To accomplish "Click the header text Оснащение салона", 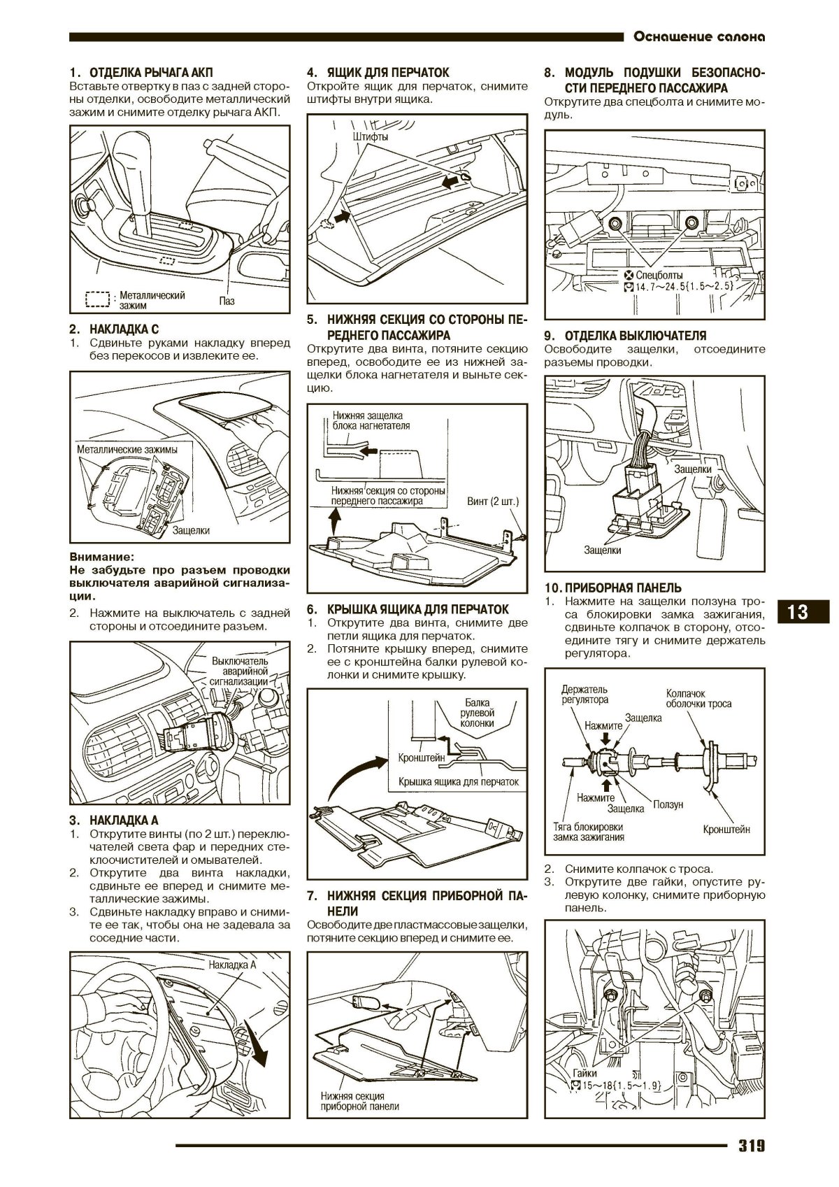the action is coord(699,36).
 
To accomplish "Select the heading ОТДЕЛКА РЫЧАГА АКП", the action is coord(151,72).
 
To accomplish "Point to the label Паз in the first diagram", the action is coord(227,301).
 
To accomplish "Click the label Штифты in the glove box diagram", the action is coord(371,136).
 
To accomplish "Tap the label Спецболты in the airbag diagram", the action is coord(659,275).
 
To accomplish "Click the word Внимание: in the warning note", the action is coord(101,557).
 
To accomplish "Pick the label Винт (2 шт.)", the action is coord(493,501).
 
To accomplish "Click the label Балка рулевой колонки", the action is coord(478,713).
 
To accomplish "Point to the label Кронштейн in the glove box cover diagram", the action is coord(422,758).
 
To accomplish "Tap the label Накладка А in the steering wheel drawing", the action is coord(232,965).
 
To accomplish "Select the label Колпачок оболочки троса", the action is coord(698,699).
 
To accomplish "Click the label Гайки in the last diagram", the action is coord(585,1073).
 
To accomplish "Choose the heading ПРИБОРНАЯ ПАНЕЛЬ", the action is coord(623,588).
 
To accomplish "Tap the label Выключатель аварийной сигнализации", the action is coord(239,671).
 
